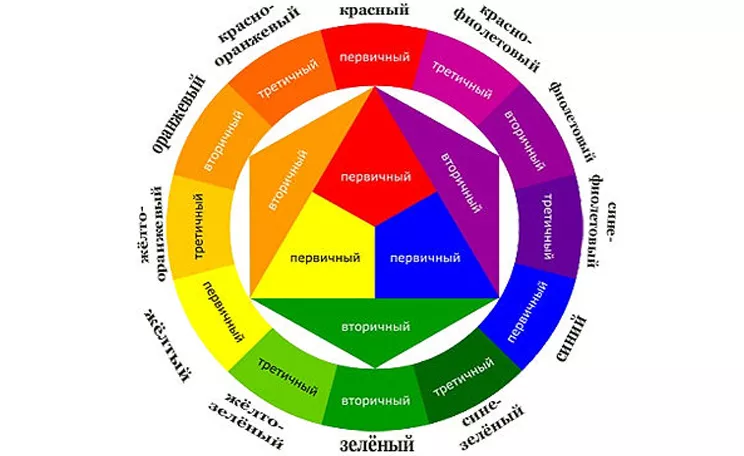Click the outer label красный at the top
click(374, 10)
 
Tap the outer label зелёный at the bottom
click(377, 445)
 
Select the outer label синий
click(571, 338)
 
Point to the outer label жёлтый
click(168, 345)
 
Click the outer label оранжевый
click(180, 114)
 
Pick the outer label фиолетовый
click(573, 121)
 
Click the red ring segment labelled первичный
click(375, 57)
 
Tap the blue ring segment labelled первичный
click(528, 314)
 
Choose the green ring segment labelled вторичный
click(375, 400)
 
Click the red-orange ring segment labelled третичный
click(286, 78)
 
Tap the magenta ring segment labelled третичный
click(464, 77)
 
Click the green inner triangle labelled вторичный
click(375, 326)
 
